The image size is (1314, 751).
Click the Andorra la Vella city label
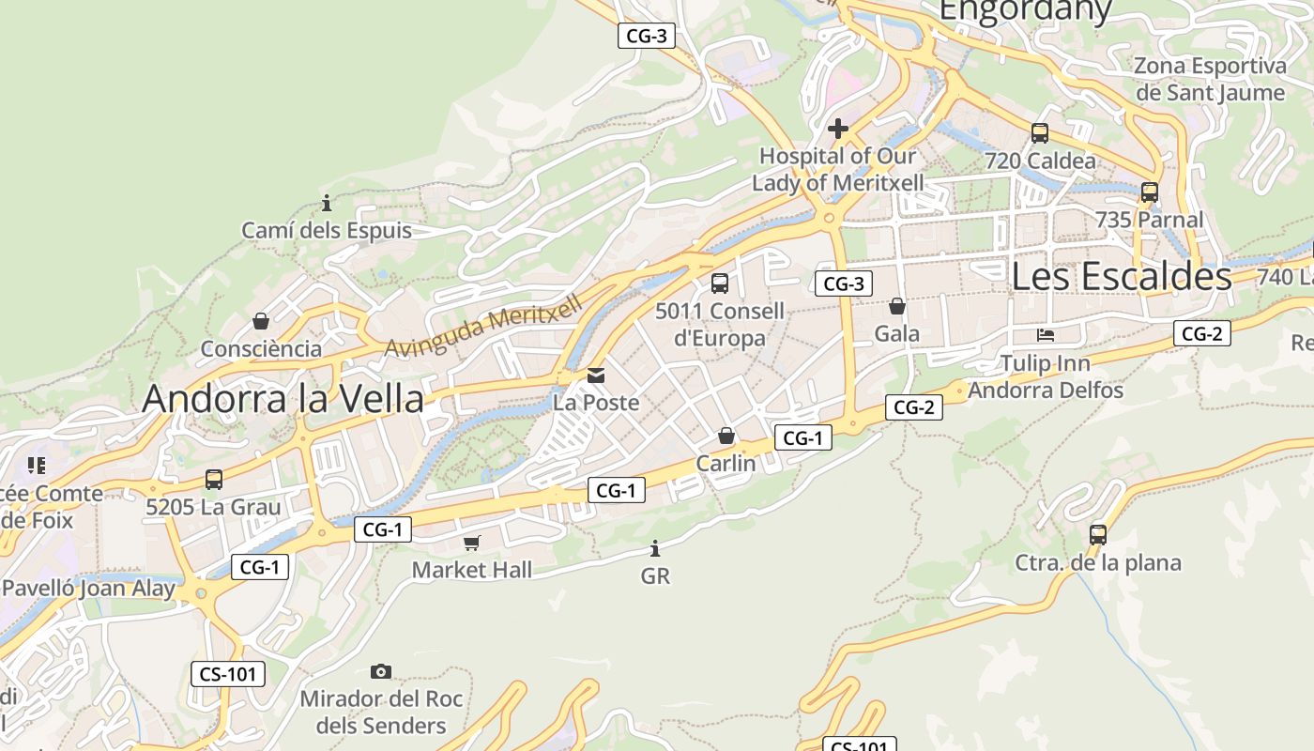click(x=283, y=399)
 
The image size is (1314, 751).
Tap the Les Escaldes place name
click(x=1122, y=276)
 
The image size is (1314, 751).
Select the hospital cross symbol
click(x=838, y=128)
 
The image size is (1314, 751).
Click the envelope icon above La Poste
click(x=596, y=375)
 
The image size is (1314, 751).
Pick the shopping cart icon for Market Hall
click(x=472, y=543)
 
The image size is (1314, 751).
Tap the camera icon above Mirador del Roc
click(x=380, y=671)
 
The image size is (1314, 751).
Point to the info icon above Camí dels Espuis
click(x=327, y=203)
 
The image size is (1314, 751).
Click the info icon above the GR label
click(x=655, y=548)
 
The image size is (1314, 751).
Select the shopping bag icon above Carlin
click(x=726, y=436)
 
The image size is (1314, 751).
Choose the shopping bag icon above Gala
click(x=897, y=306)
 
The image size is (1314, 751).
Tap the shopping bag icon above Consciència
click(x=261, y=321)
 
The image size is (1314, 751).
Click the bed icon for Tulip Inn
click(x=1046, y=335)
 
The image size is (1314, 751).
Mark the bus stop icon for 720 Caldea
click(x=1039, y=133)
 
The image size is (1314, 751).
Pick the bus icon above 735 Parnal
click(x=1149, y=192)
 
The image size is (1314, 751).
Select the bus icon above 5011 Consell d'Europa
click(x=720, y=283)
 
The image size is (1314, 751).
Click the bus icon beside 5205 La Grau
click(x=214, y=480)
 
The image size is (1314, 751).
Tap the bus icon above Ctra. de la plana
click(x=1097, y=535)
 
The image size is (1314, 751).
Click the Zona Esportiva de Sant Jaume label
click(x=1209, y=79)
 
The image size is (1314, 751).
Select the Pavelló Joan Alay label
click(x=88, y=589)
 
